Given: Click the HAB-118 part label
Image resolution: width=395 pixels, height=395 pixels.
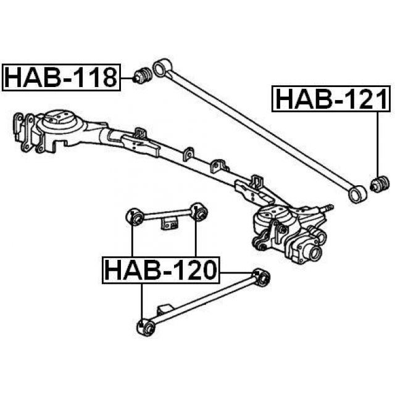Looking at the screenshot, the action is pyautogui.click(x=61, y=77).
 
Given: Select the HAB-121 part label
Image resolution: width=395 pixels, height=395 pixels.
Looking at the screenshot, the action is pyautogui.click(x=331, y=99).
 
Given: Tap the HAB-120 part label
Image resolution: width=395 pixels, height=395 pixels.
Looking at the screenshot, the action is pyautogui.click(x=160, y=270).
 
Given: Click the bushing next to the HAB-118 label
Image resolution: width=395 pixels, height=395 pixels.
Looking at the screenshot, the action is pyautogui.click(x=143, y=75).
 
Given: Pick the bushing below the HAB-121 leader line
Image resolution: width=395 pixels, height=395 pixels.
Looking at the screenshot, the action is pyautogui.click(x=380, y=184).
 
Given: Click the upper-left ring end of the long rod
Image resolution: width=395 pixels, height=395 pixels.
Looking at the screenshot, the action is pyautogui.click(x=162, y=67).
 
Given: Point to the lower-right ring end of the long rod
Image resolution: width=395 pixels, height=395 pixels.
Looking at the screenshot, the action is pyautogui.click(x=357, y=193).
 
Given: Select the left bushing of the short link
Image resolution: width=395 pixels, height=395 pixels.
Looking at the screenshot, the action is pyautogui.click(x=135, y=217).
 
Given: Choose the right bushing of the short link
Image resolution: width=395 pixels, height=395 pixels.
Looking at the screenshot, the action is pyautogui.click(x=199, y=212).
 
